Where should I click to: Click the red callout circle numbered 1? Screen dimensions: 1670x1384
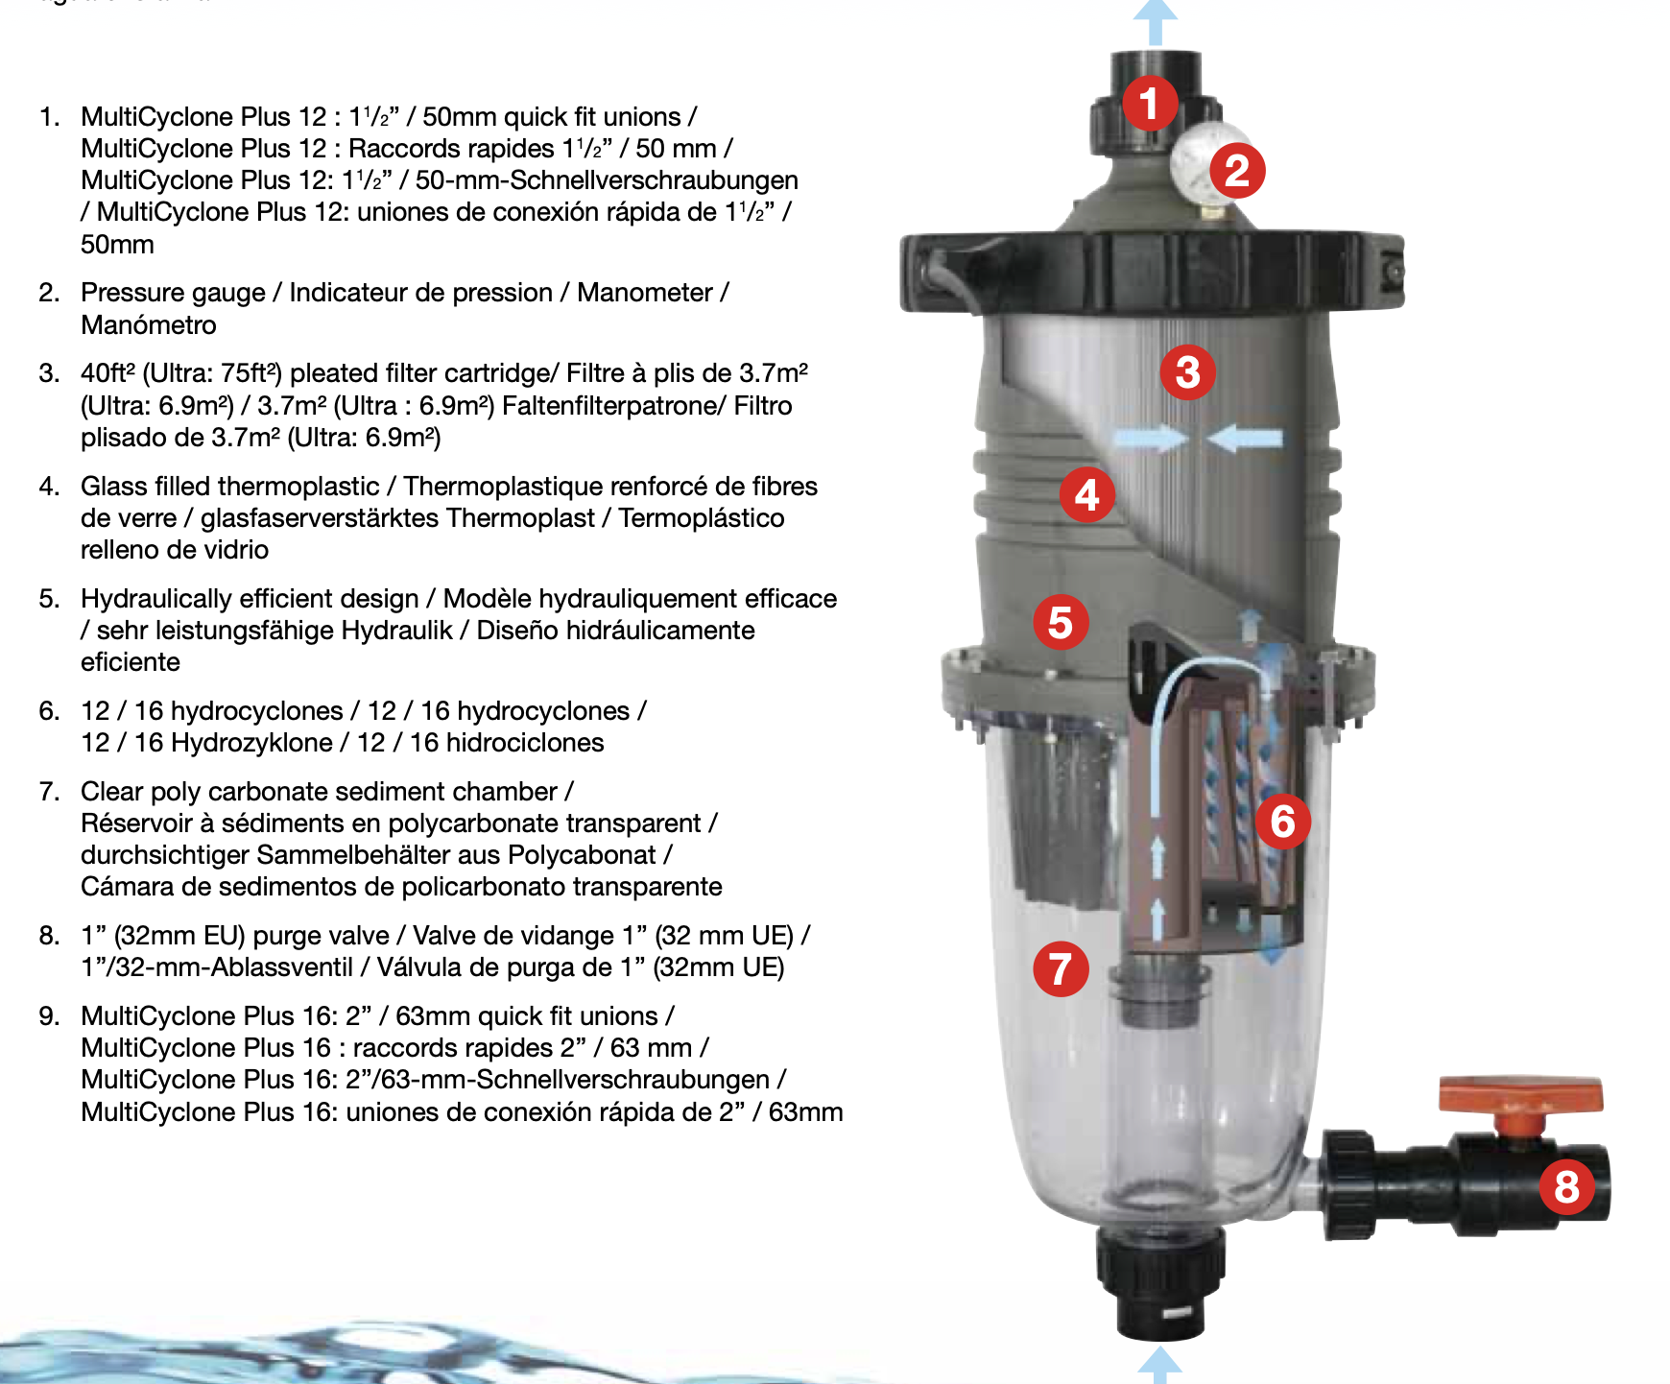pyautogui.click(x=1151, y=104)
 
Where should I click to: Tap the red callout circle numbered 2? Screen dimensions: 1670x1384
pyautogui.click(x=1237, y=171)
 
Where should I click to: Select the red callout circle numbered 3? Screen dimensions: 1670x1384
pyautogui.click(x=1187, y=372)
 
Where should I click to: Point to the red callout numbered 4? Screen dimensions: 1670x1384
pyautogui.click(x=1086, y=495)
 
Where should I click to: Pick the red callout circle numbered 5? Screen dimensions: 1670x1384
pyautogui.click(x=1061, y=622)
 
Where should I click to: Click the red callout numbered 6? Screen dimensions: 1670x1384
pyautogui.click(x=1283, y=822)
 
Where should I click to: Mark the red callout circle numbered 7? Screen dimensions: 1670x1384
pyautogui.click(x=1061, y=968)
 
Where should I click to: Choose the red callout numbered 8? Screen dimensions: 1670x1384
pyautogui.click(x=1566, y=1186)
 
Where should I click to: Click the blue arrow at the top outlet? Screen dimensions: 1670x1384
pyautogui.click(x=1156, y=21)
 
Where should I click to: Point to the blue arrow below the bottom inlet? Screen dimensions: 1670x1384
pyautogui.click(x=1159, y=1364)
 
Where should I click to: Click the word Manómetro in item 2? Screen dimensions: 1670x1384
pyautogui.click(x=149, y=325)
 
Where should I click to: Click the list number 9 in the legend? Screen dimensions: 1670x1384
pyautogui.click(x=49, y=1016)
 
